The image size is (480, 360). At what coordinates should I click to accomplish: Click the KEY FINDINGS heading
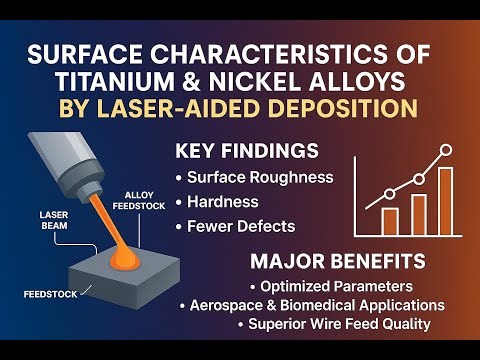pos(247,152)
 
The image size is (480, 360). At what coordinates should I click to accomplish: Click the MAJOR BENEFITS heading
pos(330,263)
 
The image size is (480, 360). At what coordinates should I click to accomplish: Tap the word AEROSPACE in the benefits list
pos(227,304)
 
